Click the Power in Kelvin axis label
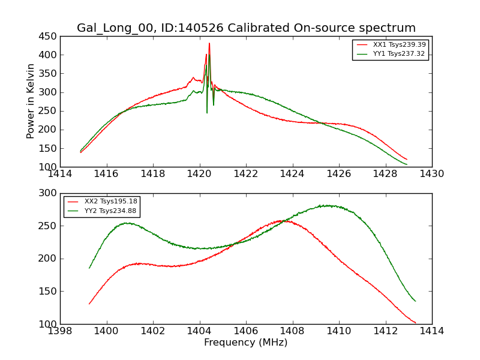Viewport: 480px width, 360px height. pos(31,101)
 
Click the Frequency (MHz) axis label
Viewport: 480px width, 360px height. pos(245,343)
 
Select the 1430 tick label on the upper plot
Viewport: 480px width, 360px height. pos(431,174)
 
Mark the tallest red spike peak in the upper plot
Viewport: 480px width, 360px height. pos(209,43)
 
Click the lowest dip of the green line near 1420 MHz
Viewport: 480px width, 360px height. pos(207,112)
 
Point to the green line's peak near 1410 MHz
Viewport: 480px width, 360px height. pos(328,206)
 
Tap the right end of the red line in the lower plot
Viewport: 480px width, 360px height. pos(415,323)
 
